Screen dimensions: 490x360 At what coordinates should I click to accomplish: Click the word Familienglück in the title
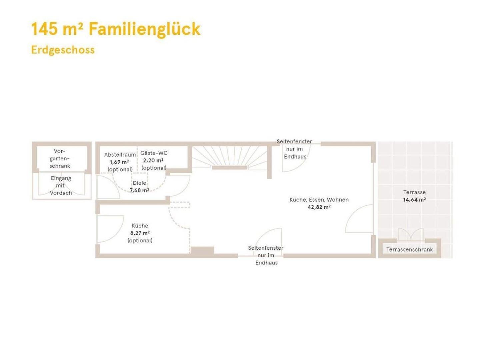144,29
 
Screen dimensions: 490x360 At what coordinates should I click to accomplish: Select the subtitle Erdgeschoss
63,50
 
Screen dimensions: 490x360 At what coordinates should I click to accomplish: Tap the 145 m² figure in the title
57,29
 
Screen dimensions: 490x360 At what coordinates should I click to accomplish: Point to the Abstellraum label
120,155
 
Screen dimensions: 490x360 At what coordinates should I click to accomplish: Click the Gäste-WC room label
154,153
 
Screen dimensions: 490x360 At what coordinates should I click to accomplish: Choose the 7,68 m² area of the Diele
140,190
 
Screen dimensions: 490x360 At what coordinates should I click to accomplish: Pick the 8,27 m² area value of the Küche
140,233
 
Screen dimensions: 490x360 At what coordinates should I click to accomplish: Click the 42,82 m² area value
319,207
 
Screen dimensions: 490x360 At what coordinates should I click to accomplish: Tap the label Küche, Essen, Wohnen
319,200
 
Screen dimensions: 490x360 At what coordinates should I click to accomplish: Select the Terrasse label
414,192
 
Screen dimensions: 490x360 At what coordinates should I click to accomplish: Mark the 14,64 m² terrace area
415,199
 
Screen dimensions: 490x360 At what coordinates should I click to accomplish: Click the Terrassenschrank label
409,250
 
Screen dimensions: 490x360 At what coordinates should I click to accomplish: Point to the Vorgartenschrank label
60,159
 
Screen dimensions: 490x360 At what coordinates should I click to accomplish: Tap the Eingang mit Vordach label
61,185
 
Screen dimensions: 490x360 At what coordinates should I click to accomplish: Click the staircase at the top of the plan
230,157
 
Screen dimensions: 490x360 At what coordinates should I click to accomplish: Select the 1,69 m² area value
119,162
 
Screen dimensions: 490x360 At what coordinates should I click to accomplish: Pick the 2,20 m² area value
153,160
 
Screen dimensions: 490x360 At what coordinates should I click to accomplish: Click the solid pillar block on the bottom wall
202,250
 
